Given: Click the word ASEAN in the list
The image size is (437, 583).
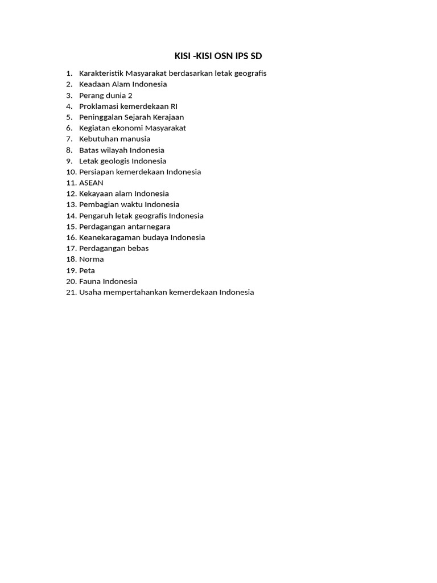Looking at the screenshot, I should tap(91, 183).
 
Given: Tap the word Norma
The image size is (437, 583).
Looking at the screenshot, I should tap(91, 259).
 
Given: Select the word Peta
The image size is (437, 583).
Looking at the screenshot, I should tap(87, 270).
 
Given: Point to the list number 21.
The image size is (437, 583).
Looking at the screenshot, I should tap(71, 292).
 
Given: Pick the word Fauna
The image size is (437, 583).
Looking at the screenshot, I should tap(90, 281).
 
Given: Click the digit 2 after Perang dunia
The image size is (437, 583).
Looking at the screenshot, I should tap(130, 95).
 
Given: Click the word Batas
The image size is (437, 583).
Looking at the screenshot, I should tap(89, 150).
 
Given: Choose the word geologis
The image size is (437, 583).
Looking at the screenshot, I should tap(115, 161).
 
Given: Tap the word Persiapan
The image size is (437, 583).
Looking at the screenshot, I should tap(96, 172).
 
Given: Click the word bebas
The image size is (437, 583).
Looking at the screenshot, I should tap(138, 248).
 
